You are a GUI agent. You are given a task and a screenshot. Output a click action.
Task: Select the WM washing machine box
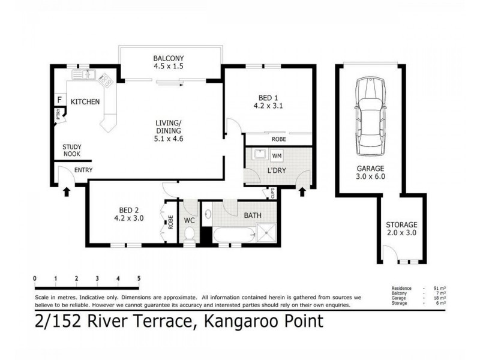pos(277,156)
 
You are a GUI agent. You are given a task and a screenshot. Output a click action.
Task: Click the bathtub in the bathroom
pos(230,235)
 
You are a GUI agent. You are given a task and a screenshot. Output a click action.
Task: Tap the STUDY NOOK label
pos(72,150)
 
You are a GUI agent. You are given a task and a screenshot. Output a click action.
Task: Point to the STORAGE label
pos(401,224)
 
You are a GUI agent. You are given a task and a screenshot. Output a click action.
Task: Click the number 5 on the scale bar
pos(139,278)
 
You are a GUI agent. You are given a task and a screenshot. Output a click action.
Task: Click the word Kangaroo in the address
pos(237,322)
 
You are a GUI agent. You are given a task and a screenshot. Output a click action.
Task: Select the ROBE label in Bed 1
pos(278,139)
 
